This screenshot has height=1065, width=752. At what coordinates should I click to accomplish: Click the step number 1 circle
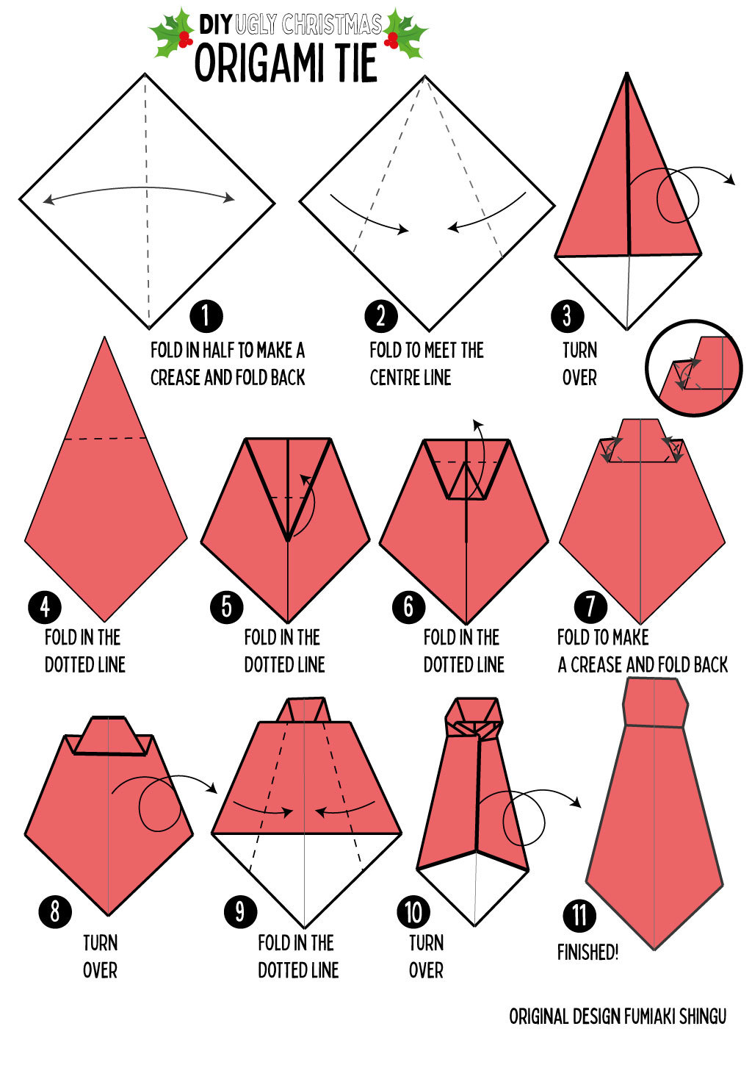pyautogui.click(x=206, y=316)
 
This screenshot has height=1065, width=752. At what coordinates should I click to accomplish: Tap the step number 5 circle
pyautogui.click(x=226, y=607)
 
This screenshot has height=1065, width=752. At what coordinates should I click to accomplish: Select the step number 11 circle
pyautogui.click(x=579, y=916)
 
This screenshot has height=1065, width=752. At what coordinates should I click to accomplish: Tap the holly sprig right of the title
pyautogui.click(x=404, y=34)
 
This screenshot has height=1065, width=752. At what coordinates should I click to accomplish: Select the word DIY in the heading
pyautogui.click(x=215, y=24)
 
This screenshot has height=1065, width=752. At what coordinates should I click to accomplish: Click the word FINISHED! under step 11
pyautogui.click(x=587, y=953)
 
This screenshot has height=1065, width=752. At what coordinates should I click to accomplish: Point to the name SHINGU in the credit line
pyautogui.click(x=702, y=1016)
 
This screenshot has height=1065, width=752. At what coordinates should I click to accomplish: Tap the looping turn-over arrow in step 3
pyautogui.click(x=679, y=193)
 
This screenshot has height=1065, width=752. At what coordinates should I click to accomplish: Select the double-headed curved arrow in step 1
pyautogui.click(x=139, y=192)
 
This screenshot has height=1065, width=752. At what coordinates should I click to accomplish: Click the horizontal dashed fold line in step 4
pyautogui.click(x=105, y=439)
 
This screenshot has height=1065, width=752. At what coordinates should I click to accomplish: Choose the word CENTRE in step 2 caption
pyautogui.click(x=396, y=378)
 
